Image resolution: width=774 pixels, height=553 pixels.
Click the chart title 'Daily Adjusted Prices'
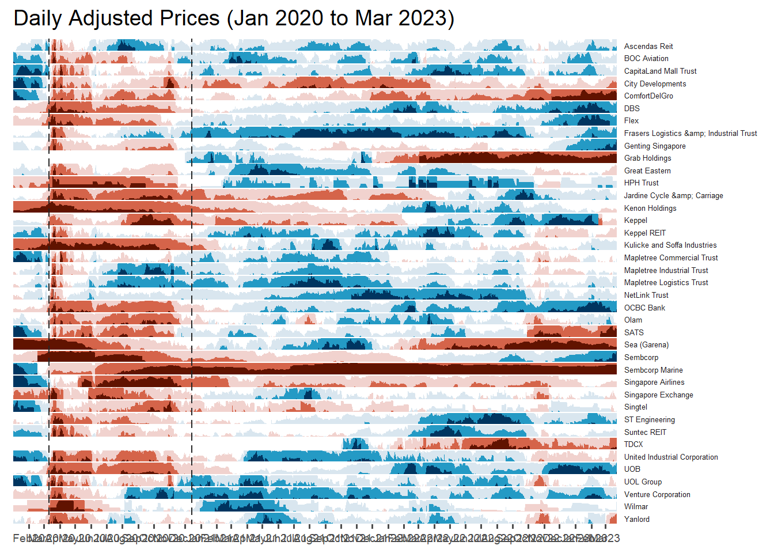[233, 18]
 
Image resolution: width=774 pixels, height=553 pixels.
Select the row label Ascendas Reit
[648, 46]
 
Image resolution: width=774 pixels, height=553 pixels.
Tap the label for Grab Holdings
[647, 158]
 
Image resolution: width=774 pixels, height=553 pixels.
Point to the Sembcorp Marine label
[653, 370]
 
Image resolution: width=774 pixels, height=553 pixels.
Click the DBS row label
[632, 108]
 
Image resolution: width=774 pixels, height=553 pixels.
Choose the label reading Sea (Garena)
[646, 344]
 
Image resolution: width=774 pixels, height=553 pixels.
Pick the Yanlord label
[636, 519]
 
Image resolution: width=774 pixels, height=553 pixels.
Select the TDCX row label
[633, 444]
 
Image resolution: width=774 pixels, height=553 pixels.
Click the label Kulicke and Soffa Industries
[670, 245]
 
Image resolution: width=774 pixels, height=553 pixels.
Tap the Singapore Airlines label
[654, 382]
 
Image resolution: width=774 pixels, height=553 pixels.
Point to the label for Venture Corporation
[657, 494]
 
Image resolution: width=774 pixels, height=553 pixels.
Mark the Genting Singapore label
[655, 146]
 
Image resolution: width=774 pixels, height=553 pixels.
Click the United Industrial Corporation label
[671, 457]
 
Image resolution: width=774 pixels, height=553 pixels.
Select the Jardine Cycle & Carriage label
[673, 195]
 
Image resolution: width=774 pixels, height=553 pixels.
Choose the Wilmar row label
[636, 506]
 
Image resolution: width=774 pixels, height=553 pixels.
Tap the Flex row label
[631, 120]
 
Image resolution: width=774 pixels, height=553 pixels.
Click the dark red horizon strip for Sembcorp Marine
[403, 369]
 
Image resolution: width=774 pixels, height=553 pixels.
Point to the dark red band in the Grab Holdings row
[518, 157]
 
